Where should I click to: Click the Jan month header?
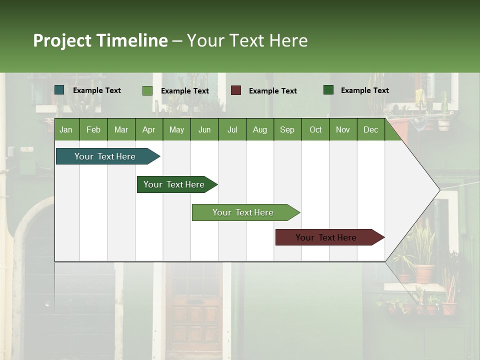[x=66, y=129]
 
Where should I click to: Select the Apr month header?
[x=148, y=129]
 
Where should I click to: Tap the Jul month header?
[x=232, y=129]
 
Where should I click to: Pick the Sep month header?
[x=287, y=129]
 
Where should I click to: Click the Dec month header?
[x=370, y=129]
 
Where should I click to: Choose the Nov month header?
[x=342, y=129]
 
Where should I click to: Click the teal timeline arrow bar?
[x=105, y=156]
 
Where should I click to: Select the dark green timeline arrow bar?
[x=174, y=184]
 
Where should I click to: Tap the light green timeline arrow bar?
[x=243, y=212]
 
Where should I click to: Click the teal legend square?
[x=59, y=90]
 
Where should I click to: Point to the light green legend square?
[x=147, y=90]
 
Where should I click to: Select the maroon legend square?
[x=236, y=90]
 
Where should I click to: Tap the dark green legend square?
[x=328, y=90]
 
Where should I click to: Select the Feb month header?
[x=93, y=129]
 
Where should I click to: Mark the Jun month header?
[x=204, y=129]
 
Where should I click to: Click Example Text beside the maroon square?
[x=273, y=91]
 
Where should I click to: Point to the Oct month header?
[x=315, y=129]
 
